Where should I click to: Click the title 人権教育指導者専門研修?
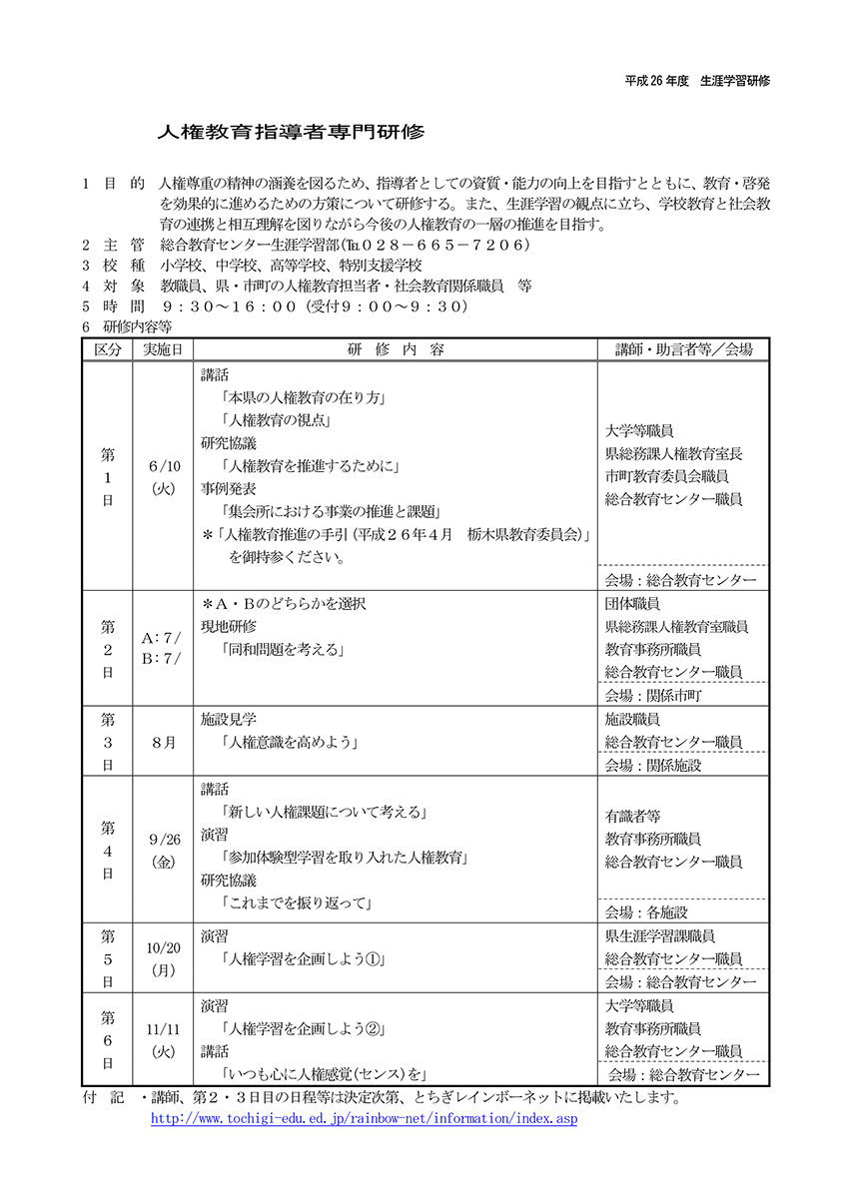(x=291, y=132)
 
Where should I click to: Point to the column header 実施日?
(x=162, y=349)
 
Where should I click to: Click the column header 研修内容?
(x=397, y=349)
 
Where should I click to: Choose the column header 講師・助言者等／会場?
(x=683, y=349)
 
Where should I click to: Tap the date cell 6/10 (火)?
(x=163, y=477)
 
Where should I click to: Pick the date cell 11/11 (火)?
(x=163, y=1038)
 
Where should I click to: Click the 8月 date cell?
(x=163, y=743)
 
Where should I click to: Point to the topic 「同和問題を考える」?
(x=284, y=650)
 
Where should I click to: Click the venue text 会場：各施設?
(x=646, y=911)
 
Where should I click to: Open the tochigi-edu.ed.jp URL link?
(x=364, y=1119)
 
